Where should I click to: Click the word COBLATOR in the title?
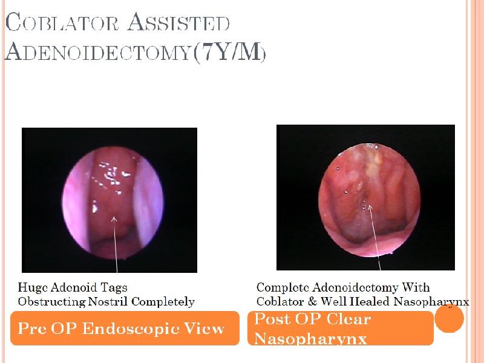[62, 22]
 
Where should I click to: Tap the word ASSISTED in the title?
[178, 22]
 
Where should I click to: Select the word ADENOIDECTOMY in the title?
[97, 51]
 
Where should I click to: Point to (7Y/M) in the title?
[229, 52]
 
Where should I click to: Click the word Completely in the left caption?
[163, 302]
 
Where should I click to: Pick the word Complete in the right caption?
[283, 288]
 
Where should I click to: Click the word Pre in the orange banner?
[31, 328]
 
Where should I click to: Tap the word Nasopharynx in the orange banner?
[310, 339]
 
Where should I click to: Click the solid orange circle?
[449, 318]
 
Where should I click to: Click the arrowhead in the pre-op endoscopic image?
[114, 219]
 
